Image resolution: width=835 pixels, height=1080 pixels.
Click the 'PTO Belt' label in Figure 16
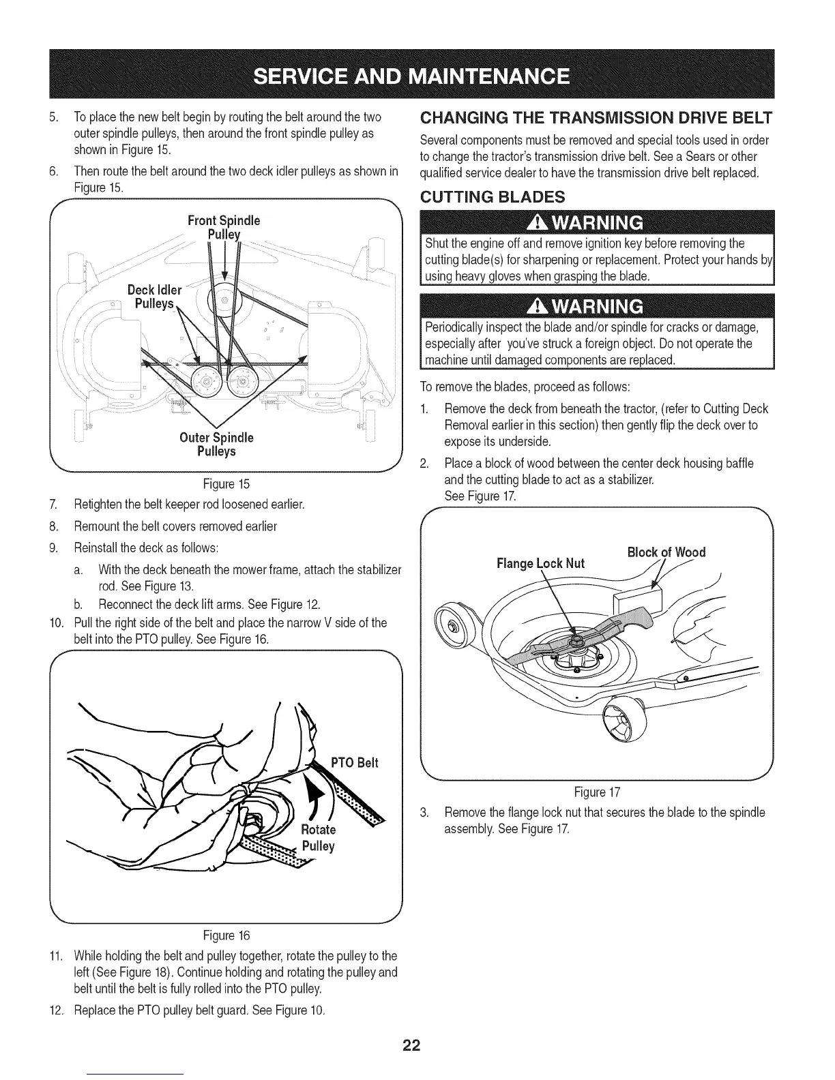(354, 762)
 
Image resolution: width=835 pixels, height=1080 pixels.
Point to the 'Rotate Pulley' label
(318, 838)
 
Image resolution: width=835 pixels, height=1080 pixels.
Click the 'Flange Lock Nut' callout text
(540, 563)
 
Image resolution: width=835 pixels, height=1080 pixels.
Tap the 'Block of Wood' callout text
(666, 552)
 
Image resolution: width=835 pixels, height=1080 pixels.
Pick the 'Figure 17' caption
(597, 792)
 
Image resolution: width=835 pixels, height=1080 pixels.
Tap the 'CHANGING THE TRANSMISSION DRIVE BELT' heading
(596, 117)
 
